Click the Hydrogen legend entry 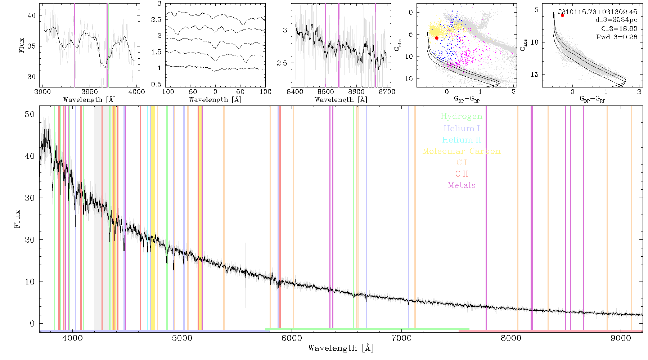[x=461, y=117]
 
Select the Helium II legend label [x=461, y=140]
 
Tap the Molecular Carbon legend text [x=462, y=151]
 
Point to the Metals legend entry [x=462, y=185]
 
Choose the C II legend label [x=462, y=174]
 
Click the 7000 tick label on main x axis [x=401, y=338]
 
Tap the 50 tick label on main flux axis [x=30, y=114]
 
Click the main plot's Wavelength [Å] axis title [x=341, y=348]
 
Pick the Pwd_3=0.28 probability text [x=617, y=37]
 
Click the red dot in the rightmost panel [x=562, y=15]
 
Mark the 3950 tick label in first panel [x=89, y=92]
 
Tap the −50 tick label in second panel [x=190, y=92]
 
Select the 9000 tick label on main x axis [x=621, y=338]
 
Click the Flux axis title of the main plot [x=17, y=219]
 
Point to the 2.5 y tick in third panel [x=282, y=63]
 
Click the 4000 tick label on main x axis [x=72, y=338]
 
